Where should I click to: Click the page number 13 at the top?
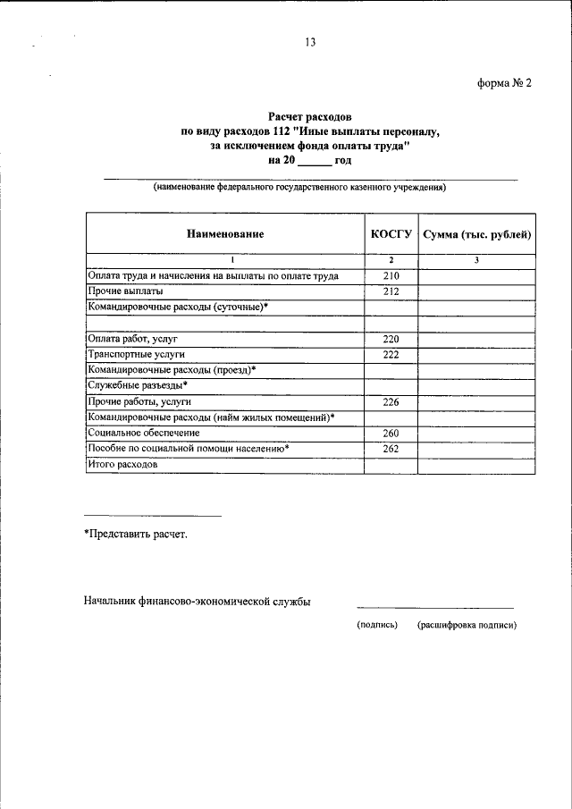(x=310, y=41)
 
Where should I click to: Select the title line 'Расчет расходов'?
(x=310, y=116)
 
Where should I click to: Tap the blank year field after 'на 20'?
(x=313, y=161)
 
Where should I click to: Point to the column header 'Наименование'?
(x=225, y=234)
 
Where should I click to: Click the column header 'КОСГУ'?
(x=391, y=234)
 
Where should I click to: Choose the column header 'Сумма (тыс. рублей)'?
(x=477, y=234)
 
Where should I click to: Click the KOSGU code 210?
(x=391, y=276)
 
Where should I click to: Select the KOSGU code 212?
(x=391, y=291)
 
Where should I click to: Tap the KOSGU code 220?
(x=391, y=339)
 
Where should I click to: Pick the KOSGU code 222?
(x=391, y=354)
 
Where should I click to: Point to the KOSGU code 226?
(x=391, y=402)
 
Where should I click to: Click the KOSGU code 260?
(x=391, y=434)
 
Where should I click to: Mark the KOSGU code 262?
(x=391, y=449)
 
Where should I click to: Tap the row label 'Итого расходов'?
(x=122, y=465)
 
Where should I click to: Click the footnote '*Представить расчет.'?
(x=136, y=534)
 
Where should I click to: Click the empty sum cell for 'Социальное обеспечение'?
(x=477, y=434)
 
